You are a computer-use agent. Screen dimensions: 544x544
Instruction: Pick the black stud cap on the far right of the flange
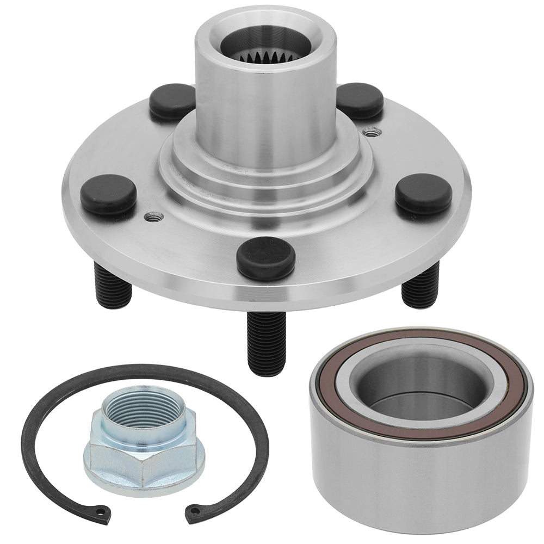point(423,194)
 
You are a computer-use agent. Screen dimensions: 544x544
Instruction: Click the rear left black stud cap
point(172,102)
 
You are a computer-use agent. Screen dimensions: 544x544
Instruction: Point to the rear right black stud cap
point(360,101)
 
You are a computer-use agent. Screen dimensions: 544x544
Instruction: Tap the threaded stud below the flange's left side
point(113,286)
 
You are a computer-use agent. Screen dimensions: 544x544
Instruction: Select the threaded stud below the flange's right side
point(420,286)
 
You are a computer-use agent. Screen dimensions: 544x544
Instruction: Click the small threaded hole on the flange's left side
point(154,217)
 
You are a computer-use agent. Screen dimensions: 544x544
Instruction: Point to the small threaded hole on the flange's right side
point(372,132)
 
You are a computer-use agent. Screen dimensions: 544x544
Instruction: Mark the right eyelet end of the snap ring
point(193,510)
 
